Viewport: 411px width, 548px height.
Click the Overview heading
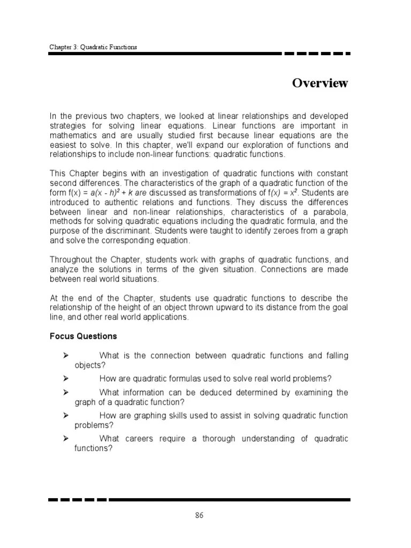click(320, 83)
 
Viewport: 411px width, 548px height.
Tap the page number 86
click(199, 516)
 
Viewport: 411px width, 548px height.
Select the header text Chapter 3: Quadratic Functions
click(93, 47)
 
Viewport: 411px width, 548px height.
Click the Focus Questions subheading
click(83, 337)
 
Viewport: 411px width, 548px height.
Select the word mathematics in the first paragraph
click(74, 135)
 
